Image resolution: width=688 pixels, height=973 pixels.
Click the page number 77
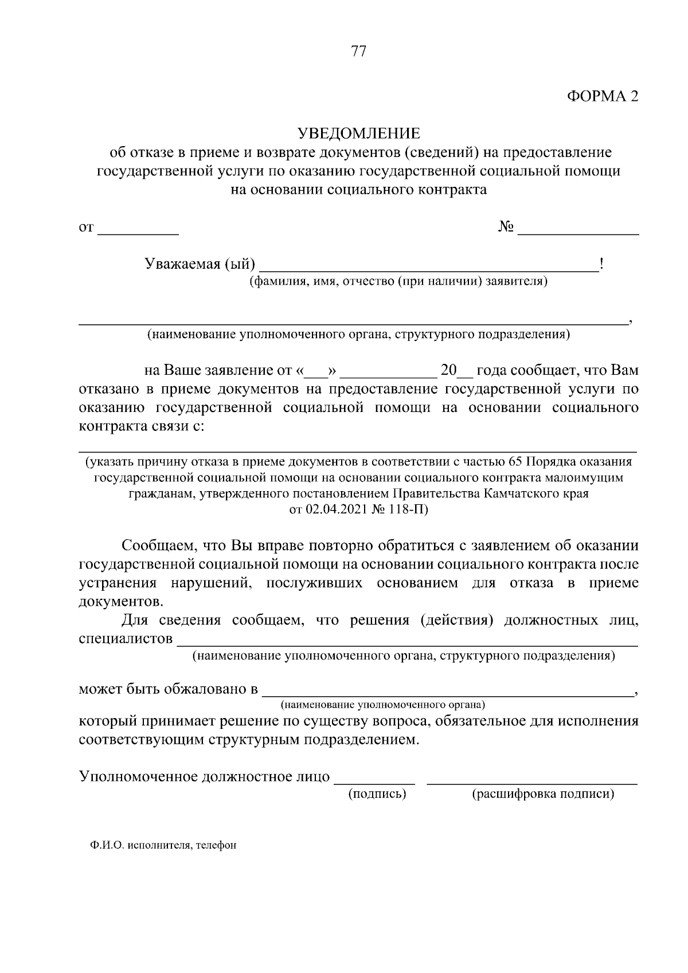click(x=358, y=51)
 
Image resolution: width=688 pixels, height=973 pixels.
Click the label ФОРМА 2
click(x=603, y=96)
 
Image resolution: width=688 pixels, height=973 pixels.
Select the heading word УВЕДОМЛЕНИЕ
click(x=358, y=134)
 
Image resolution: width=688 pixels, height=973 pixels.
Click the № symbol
click(x=505, y=227)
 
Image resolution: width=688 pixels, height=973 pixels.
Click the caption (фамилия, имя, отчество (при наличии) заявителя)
click(x=398, y=281)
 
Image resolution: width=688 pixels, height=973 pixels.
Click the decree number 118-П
click(x=408, y=509)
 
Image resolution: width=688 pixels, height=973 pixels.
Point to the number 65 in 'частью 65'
click(x=515, y=462)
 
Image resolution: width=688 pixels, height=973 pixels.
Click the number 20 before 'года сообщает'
click(x=448, y=370)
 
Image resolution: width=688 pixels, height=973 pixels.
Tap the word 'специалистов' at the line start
click(x=126, y=638)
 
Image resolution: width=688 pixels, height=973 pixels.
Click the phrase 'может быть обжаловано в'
click(x=169, y=689)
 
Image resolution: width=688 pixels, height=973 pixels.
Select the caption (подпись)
click(x=377, y=794)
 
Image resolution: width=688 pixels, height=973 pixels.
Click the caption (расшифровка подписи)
click(x=542, y=794)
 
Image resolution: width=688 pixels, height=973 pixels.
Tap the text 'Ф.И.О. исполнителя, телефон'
click(x=163, y=845)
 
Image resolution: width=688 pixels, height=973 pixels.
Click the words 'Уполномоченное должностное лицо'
click(x=204, y=777)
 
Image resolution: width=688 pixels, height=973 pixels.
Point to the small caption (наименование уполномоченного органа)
click(x=382, y=704)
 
